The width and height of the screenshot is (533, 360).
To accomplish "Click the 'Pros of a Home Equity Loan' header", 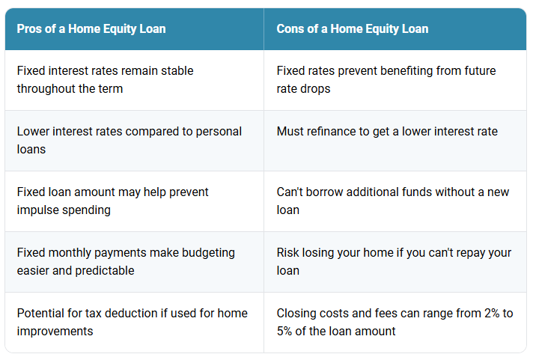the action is point(91,29).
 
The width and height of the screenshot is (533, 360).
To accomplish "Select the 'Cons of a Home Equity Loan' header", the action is point(352,29).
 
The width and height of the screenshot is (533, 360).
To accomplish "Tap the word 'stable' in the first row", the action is point(177,70).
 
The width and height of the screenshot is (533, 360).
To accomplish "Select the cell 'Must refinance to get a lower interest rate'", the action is point(387,132).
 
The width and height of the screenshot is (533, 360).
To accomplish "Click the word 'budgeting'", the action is point(208,253).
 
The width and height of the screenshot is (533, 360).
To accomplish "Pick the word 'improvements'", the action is point(55,332).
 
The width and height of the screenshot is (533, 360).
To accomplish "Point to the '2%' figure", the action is point(492,314).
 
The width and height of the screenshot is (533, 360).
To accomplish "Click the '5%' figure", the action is point(284,332).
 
